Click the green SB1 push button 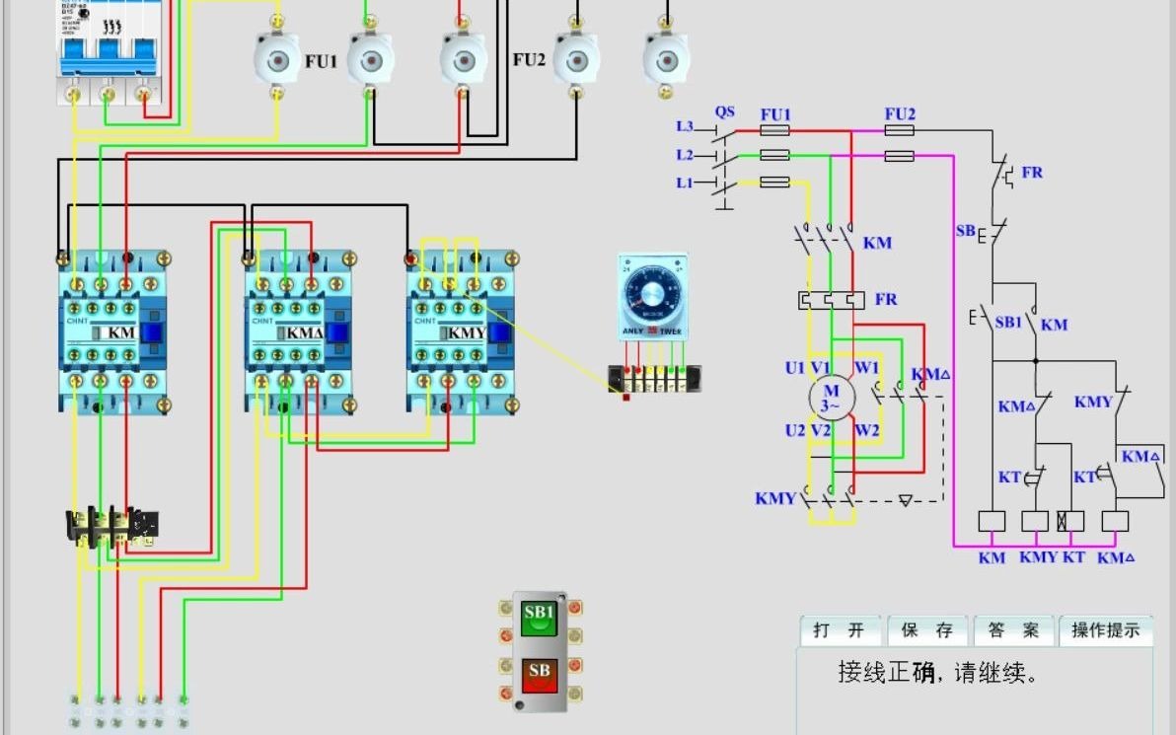point(539,619)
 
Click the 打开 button point(840,630)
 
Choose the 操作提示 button point(1105,630)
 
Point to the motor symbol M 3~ point(831,398)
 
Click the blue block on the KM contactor point(151,332)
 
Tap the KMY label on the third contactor point(467,332)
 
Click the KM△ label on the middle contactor point(304,332)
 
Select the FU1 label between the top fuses point(321,61)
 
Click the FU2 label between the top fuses point(529,59)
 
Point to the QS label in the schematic point(725,112)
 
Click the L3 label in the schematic point(685,126)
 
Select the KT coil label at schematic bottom point(1073,557)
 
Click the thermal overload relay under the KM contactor point(111,525)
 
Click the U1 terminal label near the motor point(794,368)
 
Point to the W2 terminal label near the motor point(866,430)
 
